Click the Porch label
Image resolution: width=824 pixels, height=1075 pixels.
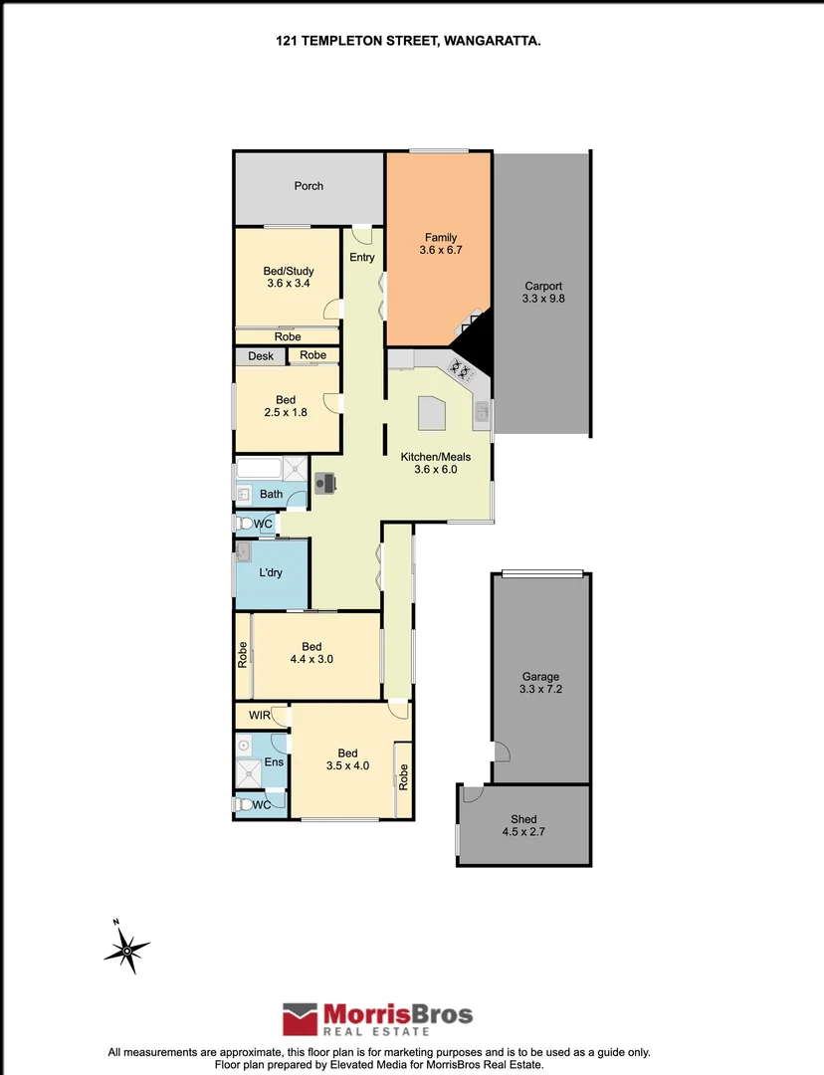point(309,186)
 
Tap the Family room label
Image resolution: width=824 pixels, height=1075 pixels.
point(441,237)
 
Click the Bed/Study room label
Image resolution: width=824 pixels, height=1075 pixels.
point(288,270)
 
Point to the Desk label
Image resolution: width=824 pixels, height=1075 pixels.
point(261,355)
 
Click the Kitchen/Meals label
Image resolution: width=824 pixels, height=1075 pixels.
point(436,457)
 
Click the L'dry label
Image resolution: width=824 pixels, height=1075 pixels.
point(271,574)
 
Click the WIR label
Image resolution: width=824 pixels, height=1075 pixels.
point(260,715)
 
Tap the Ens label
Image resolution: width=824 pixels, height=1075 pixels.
point(274,762)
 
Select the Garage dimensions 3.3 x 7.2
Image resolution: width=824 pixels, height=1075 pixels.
point(539,689)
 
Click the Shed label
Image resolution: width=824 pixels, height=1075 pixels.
point(523,820)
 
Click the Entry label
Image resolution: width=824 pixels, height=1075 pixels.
point(362,258)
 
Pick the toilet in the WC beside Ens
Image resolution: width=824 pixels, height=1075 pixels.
point(245,804)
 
